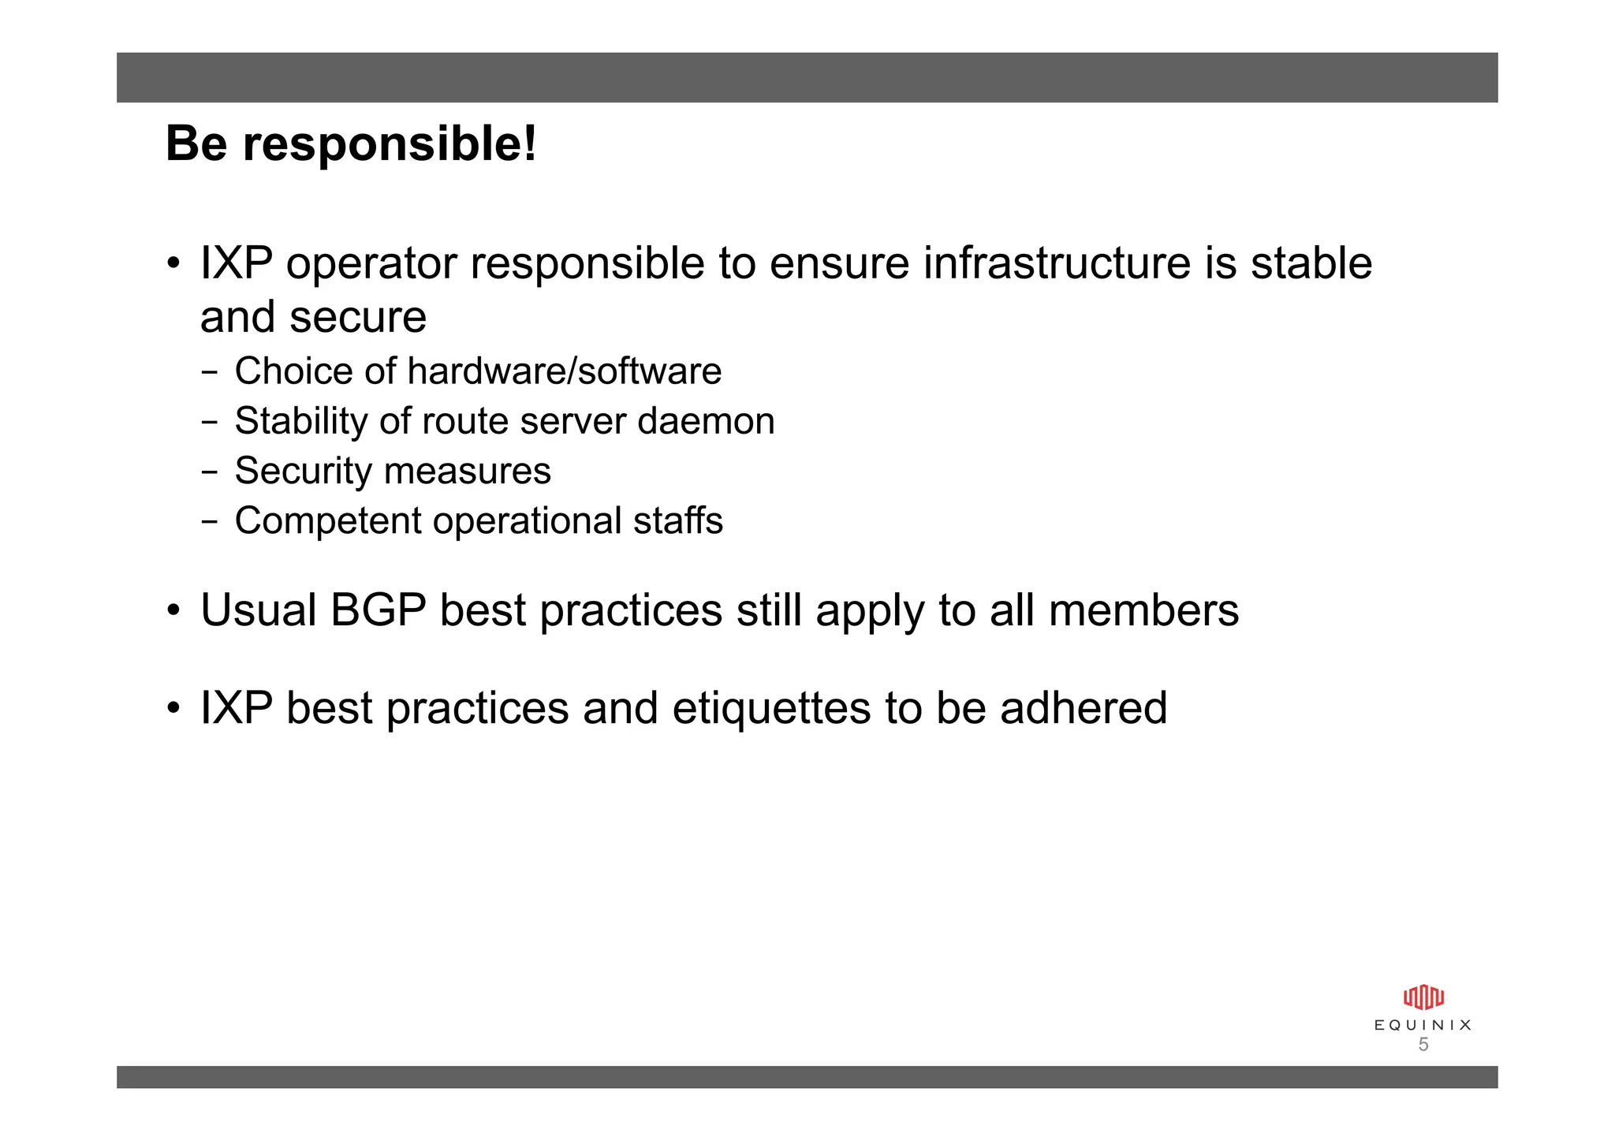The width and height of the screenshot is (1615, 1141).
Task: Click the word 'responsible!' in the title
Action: (x=390, y=144)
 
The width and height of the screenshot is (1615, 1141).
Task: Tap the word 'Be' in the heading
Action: (x=196, y=144)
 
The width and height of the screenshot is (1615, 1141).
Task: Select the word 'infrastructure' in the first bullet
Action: (x=1057, y=263)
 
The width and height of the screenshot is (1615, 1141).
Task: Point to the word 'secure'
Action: (x=358, y=317)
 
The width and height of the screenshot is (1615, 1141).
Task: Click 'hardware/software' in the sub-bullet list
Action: (x=564, y=371)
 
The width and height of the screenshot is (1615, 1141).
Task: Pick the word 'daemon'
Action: (x=706, y=421)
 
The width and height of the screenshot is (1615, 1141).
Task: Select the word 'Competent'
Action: (x=327, y=521)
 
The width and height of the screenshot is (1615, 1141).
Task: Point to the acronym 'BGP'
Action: (x=378, y=610)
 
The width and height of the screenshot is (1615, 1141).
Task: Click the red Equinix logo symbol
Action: (x=1423, y=997)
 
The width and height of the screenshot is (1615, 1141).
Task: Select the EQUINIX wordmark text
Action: (x=1423, y=1025)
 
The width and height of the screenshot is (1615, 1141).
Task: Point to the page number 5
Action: (x=1423, y=1045)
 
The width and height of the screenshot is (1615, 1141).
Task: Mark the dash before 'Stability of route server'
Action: (x=209, y=422)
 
